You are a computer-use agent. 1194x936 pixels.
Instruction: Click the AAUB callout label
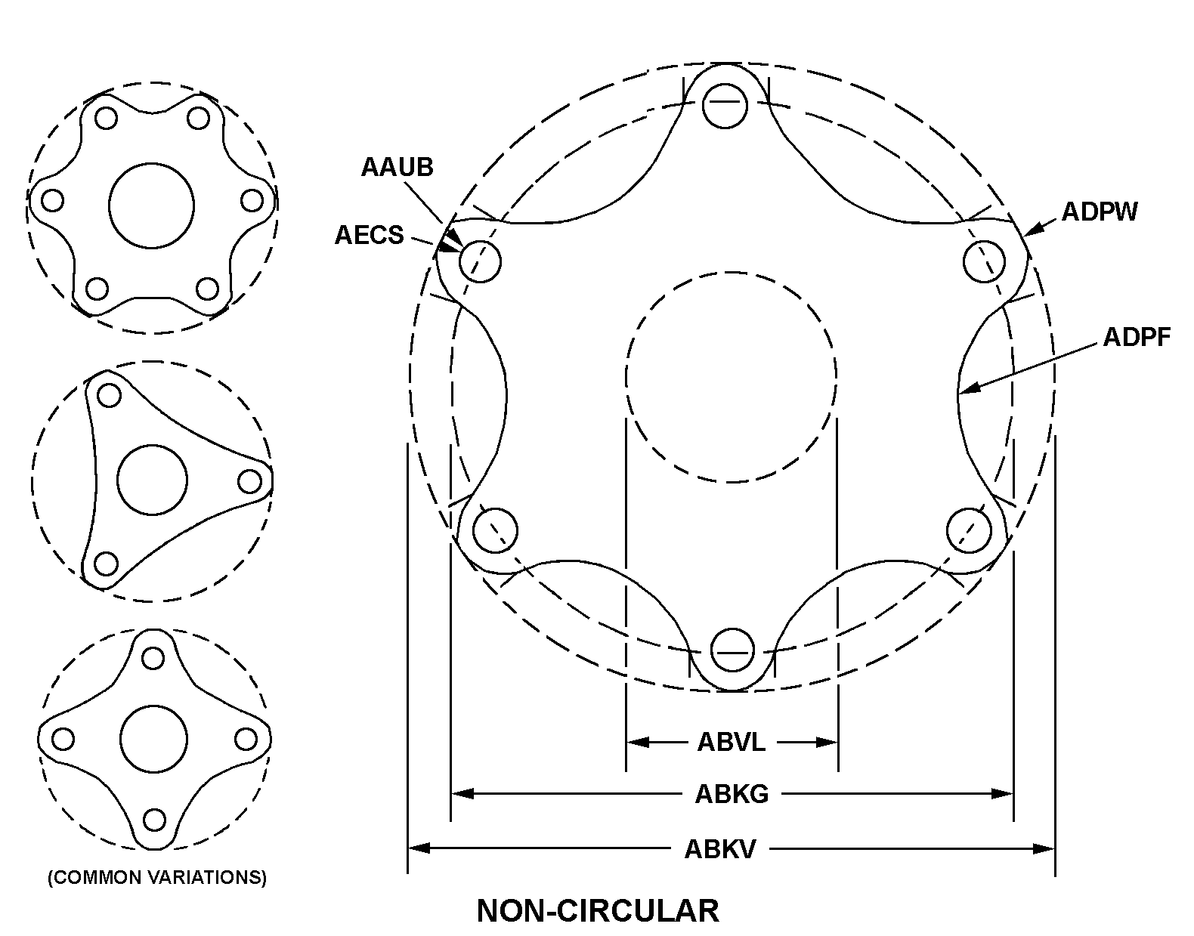[x=397, y=167]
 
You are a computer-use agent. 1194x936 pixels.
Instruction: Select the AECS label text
[x=370, y=235]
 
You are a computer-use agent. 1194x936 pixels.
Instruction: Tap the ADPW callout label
[x=1100, y=212]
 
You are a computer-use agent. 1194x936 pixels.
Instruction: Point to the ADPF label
[x=1137, y=337]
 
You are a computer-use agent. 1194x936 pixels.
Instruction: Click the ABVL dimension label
[x=732, y=743]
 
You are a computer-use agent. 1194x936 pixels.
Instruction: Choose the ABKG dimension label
[x=732, y=794]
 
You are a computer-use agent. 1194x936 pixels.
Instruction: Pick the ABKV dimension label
[x=720, y=849]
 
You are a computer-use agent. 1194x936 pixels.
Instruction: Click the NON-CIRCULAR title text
[x=598, y=911]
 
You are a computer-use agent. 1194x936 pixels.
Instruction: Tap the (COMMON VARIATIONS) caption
[x=157, y=877]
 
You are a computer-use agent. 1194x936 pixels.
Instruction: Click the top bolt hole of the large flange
[x=725, y=106]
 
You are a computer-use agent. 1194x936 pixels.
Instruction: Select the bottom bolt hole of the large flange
[x=732, y=650]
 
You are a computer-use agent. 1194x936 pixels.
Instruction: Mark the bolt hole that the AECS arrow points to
[x=480, y=261]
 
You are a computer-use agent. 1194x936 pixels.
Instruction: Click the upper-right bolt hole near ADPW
[x=984, y=261]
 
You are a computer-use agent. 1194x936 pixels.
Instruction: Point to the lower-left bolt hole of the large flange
[x=495, y=530]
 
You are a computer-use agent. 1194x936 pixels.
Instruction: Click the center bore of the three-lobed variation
[x=152, y=480]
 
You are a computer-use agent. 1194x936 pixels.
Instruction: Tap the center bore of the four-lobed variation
[x=154, y=740]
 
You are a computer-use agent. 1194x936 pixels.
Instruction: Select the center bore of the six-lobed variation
[x=152, y=205]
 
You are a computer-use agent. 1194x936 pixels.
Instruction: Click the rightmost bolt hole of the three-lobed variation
[x=250, y=482]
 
